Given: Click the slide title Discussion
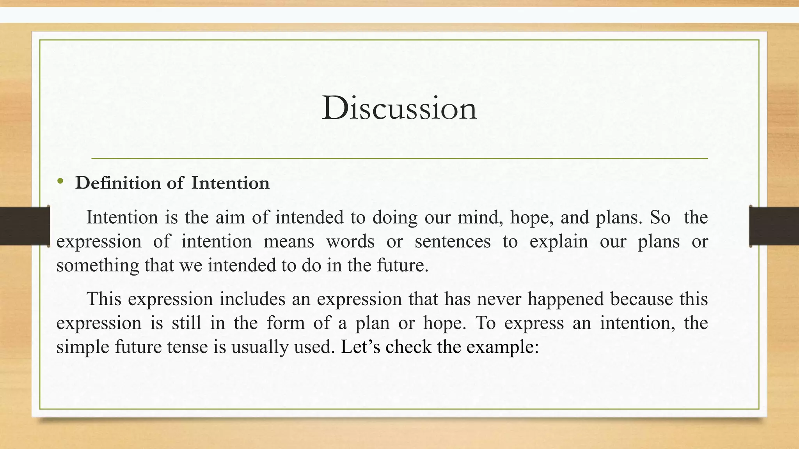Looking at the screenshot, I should pos(399,108).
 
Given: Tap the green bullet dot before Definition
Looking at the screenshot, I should pos(60,181).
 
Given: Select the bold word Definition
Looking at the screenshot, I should pos(118,183).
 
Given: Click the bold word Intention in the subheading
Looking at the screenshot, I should pos(230,183).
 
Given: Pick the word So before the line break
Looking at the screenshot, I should pos(660,217).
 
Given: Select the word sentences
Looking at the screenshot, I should pos(453,241).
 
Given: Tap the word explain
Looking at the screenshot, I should pos(558,242).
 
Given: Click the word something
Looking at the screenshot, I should pos(98,266).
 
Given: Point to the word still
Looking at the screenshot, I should pos(186,323).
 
